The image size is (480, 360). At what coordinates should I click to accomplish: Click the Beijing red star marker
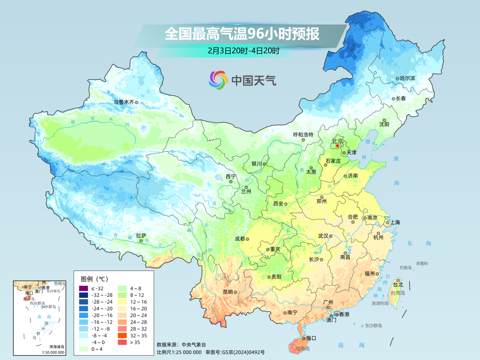pyautogui.click(x=337, y=145)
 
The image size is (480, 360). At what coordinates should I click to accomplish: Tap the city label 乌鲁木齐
pyautogui.click(x=124, y=102)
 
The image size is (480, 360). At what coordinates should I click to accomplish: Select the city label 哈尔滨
pyautogui.click(x=407, y=78)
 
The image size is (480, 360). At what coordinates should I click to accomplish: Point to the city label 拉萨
pyautogui.click(x=141, y=236)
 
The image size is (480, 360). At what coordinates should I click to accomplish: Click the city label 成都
pyautogui.click(x=240, y=239)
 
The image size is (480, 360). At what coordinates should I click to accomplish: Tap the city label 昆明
pyautogui.click(x=228, y=292)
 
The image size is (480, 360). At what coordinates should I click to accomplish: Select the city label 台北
pyautogui.click(x=397, y=284)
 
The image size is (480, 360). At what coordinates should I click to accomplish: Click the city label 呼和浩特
pyautogui.click(x=303, y=135)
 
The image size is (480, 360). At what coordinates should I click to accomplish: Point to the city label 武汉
pyautogui.click(x=324, y=236)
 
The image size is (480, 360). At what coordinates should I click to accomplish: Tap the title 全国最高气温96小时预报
pyautogui.click(x=242, y=34)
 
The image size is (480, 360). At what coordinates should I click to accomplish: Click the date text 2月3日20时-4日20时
pyautogui.click(x=243, y=51)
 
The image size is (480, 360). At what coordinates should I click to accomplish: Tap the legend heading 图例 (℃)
pyautogui.click(x=94, y=279)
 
